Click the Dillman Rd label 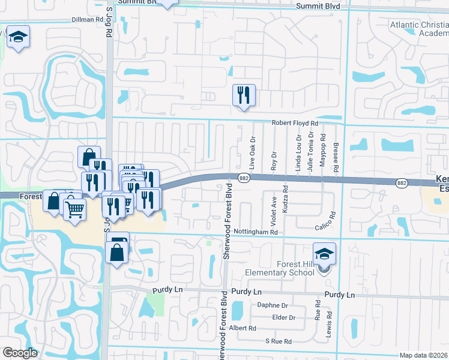pyautogui.click(x=87, y=19)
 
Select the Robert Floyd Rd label pyautogui.click(x=294, y=122)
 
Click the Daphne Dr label pyautogui.click(x=273, y=305)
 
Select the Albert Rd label pyautogui.click(x=243, y=328)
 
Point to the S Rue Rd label pyautogui.click(x=279, y=341)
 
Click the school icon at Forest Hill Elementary pyautogui.click(x=324, y=254)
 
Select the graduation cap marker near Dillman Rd pyautogui.click(x=18, y=37)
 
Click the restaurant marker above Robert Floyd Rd pyautogui.click(x=244, y=95)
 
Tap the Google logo pyautogui.click(x=20, y=353)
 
